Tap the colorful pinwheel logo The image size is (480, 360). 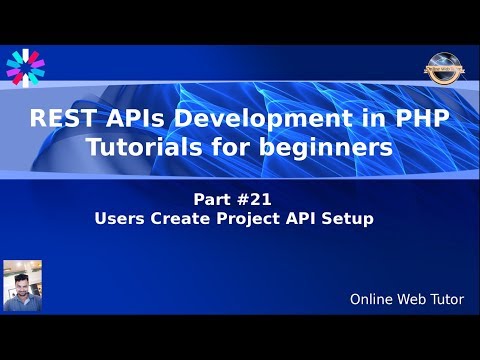25,67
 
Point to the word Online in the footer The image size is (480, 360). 372,299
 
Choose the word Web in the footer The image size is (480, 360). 411,299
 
